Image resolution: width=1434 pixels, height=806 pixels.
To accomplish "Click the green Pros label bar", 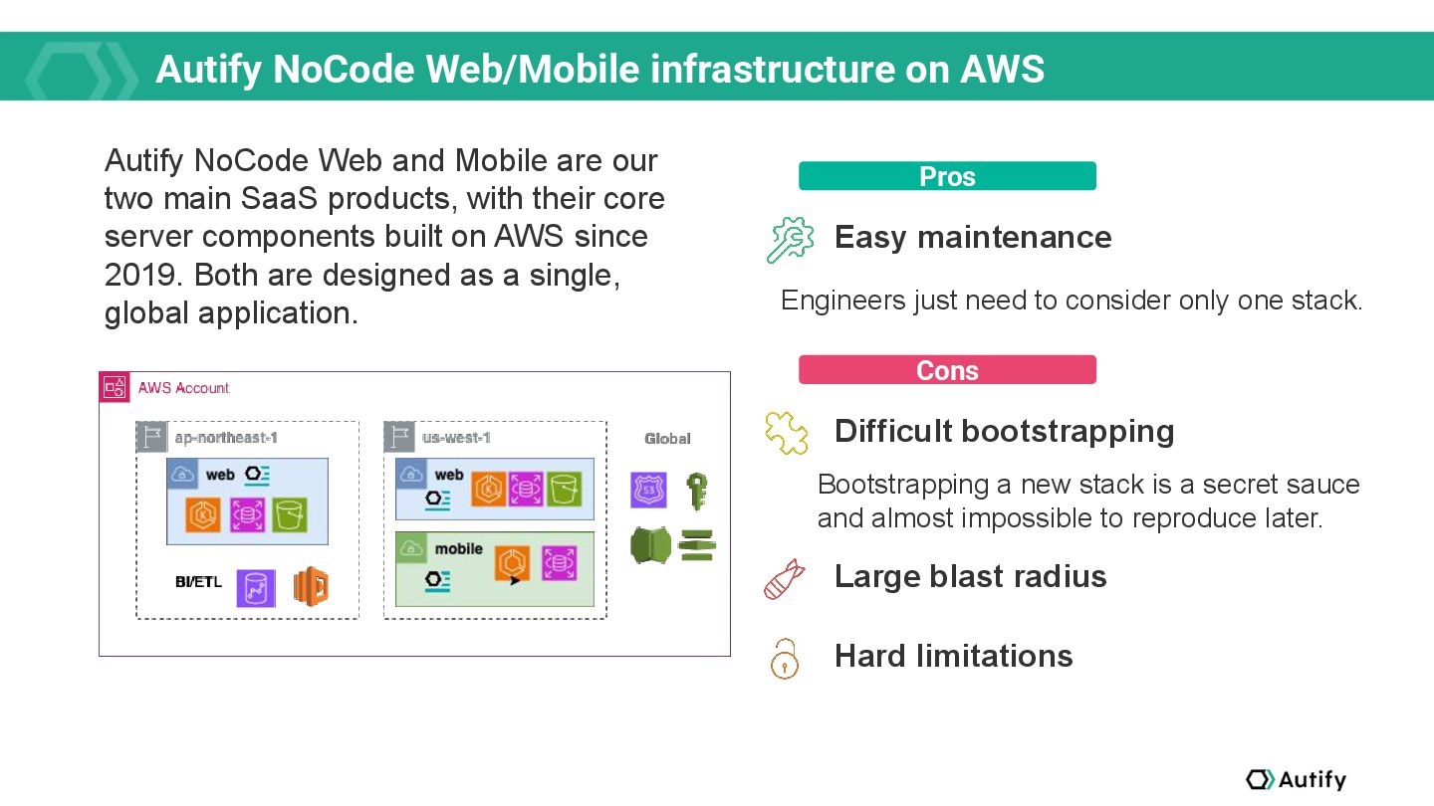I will tap(947, 176).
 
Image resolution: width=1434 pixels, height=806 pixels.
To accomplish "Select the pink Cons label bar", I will tap(947, 370).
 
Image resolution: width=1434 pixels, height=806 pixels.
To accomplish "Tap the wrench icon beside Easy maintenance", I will tap(790, 239).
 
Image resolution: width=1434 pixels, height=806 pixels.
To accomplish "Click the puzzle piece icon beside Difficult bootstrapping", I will tap(786, 433).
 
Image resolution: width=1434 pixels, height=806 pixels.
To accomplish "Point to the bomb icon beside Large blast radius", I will tap(784, 579).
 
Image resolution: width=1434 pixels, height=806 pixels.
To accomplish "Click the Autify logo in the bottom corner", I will tap(1296, 779).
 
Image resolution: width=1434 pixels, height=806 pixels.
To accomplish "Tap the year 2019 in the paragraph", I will tap(139, 275).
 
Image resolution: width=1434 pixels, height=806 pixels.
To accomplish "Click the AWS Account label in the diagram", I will tap(183, 388).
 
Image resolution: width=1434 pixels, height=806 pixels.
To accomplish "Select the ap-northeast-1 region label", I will tap(226, 438).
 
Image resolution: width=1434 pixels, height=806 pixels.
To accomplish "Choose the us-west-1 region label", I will tap(456, 438).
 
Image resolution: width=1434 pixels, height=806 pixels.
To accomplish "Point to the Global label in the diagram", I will tap(667, 439).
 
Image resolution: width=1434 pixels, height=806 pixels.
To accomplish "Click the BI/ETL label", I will tap(198, 582).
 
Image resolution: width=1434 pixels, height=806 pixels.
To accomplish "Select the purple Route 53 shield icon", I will tap(648, 491).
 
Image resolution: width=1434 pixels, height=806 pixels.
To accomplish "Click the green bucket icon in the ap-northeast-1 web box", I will tap(290, 514).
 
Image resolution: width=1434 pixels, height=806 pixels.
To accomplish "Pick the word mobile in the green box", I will tap(458, 549).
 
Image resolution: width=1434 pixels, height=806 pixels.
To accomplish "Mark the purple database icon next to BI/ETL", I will tap(256, 588).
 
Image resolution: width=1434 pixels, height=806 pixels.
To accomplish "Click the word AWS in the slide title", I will tap(1002, 69).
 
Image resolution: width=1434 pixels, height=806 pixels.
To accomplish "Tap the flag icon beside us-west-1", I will tap(399, 437).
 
